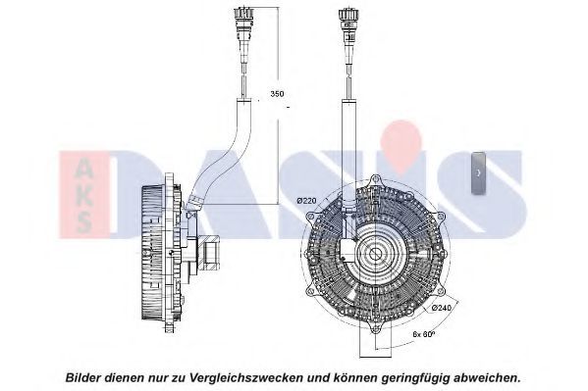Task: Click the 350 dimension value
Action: click(277, 94)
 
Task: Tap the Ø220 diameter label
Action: click(306, 201)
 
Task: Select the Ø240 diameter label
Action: click(442, 308)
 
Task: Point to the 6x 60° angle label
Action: click(423, 333)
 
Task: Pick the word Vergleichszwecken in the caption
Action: click(244, 377)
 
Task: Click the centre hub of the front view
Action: click(374, 255)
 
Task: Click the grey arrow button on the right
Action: click(478, 172)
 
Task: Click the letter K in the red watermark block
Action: click(83, 197)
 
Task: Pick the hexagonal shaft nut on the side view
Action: click(210, 252)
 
